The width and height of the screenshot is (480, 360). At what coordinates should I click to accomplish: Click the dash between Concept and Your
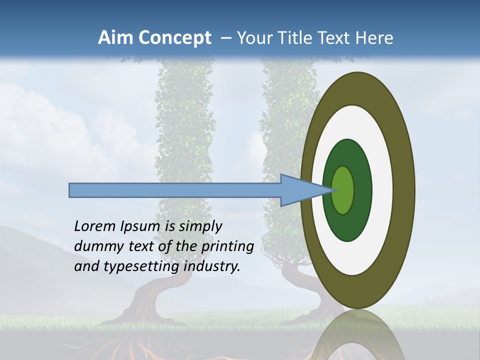[226, 38]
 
